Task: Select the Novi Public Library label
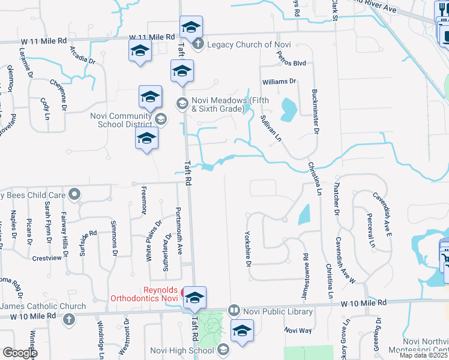277,311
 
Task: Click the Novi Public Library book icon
234,311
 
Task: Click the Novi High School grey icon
223,350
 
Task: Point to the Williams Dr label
279,81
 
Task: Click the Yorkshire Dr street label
247,249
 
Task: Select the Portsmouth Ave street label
179,231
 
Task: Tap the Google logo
20,353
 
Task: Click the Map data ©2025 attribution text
424,356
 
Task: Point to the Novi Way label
298,331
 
